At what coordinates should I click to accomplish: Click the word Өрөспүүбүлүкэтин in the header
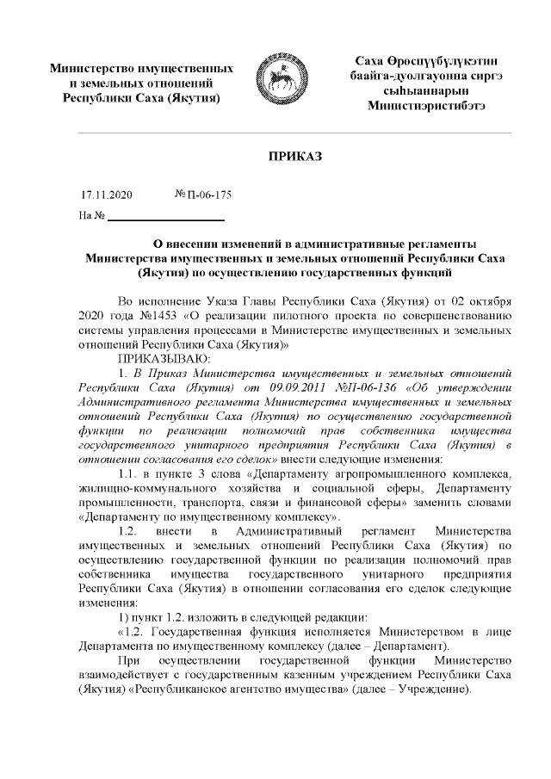[x=443, y=63]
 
